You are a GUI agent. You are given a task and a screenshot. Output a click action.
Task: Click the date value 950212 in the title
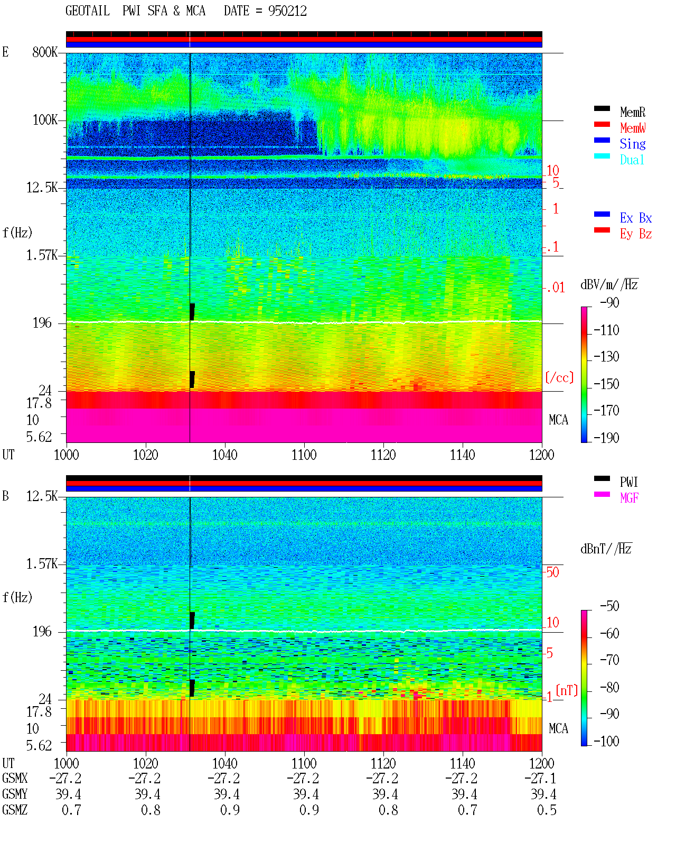coord(287,11)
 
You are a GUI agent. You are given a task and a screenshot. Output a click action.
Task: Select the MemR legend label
coord(633,112)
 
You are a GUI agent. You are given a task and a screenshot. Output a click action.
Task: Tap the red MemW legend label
coord(633,128)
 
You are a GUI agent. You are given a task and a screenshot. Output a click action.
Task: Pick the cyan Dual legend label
coord(632,160)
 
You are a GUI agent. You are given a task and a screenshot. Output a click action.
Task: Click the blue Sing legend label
coord(633,144)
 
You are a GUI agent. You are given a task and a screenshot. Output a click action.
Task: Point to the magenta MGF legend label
coord(629,498)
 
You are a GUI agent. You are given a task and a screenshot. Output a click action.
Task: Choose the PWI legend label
coord(628,482)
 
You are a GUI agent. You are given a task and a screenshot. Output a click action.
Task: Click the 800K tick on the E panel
coord(45,52)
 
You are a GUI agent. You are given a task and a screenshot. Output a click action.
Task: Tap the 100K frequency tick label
coord(45,120)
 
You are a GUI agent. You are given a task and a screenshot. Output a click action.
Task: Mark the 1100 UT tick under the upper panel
coord(304,455)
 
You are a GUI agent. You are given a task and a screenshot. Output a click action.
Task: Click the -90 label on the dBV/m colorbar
coord(609,302)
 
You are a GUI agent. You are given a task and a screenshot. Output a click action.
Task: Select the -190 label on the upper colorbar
coord(606,438)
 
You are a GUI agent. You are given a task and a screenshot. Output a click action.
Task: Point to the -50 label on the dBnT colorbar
coord(609,606)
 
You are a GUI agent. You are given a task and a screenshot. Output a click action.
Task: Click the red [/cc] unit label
coord(559,377)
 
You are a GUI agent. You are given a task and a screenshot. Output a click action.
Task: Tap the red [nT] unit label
coord(567,690)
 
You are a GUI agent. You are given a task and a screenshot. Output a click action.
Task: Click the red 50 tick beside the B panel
coord(552,572)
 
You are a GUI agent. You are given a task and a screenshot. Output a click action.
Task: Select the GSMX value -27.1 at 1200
coord(540,779)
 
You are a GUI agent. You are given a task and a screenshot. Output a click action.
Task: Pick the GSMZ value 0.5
coord(547,810)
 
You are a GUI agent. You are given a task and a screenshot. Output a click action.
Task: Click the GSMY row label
coord(15,794)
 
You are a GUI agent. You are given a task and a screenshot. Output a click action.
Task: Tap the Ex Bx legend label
coord(636,218)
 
